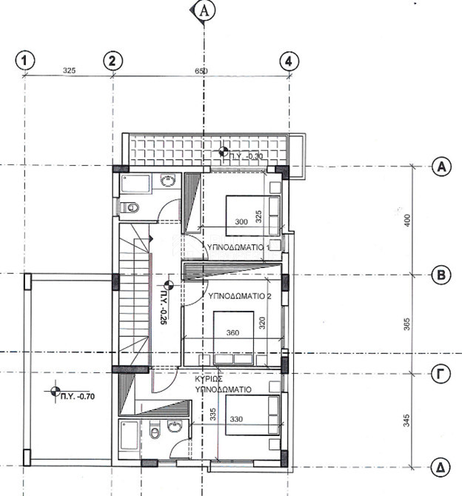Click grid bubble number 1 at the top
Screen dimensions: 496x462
[x=25, y=61]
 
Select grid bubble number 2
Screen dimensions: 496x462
[x=113, y=61]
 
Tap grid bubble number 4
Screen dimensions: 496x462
[x=288, y=61]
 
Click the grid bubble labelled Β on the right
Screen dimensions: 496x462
[x=441, y=275]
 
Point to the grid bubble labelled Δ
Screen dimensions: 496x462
[x=441, y=468]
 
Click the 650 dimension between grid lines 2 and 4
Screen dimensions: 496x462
[x=201, y=72]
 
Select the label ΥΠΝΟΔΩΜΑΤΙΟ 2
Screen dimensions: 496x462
[x=239, y=295]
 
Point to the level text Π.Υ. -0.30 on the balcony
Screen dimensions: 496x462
[x=247, y=156]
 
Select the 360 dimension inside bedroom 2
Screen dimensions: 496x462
[x=232, y=333]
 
